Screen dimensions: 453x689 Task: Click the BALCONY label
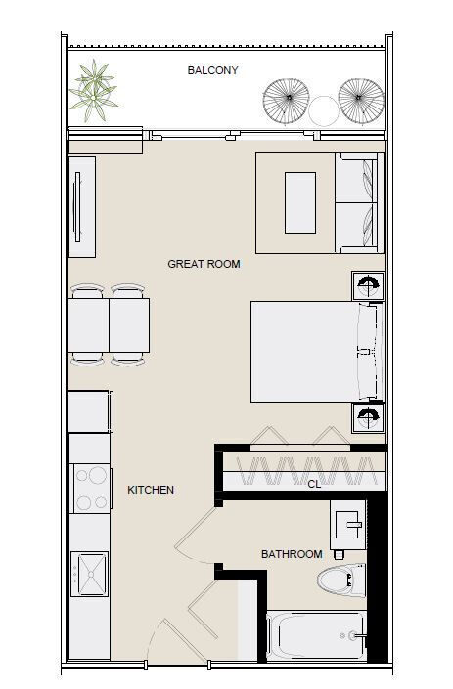pyautogui.click(x=212, y=70)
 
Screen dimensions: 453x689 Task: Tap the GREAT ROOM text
pyautogui.click(x=204, y=264)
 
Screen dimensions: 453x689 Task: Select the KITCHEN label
pyautogui.click(x=151, y=490)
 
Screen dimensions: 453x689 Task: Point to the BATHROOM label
pyautogui.click(x=292, y=554)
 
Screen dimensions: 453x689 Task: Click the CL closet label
pyautogui.click(x=314, y=484)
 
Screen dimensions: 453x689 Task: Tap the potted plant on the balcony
pyautogui.click(x=94, y=91)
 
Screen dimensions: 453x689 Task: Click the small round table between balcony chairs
pyautogui.click(x=324, y=110)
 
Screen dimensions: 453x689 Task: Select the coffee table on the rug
pyautogui.click(x=300, y=202)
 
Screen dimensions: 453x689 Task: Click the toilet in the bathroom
pyautogui.click(x=341, y=581)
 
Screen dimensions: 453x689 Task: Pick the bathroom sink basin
pyautogui.click(x=348, y=525)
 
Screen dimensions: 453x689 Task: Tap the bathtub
pyautogui.click(x=316, y=635)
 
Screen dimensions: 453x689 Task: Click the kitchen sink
pyautogui.click(x=90, y=574)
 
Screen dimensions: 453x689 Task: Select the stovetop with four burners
pyautogui.click(x=91, y=489)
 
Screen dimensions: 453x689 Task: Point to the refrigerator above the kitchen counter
pyautogui.click(x=90, y=411)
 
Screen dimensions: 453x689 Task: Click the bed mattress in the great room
pyautogui.click(x=313, y=352)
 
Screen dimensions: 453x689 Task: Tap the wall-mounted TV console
pyautogui.click(x=82, y=207)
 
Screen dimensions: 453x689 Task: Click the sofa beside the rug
pyautogui.click(x=359, y=203)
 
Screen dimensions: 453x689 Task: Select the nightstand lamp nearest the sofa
pyautogui.click(x=368, y=286)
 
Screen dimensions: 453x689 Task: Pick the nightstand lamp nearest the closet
pyautogui.click(x=368, y=417)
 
